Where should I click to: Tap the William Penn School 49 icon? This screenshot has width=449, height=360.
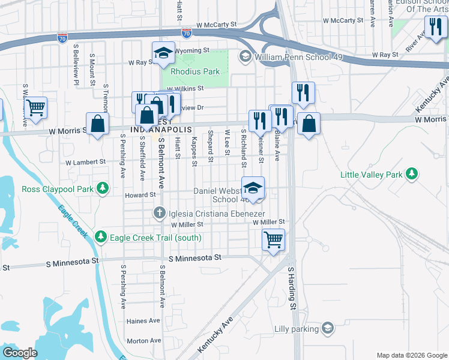pyautogui.click(x=245, y=57)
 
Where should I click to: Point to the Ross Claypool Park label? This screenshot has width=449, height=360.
pyautogui.click(x=57, y=189)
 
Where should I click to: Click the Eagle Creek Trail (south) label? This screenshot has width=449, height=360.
pyautogui.click(x=155, y=238)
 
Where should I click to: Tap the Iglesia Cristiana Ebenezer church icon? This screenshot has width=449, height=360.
pyautogui.click(x=160, y=212)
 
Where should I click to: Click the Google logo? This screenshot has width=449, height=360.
pyautogui.click(x=20, y=353)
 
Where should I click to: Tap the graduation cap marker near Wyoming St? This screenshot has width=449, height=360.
pyautogui.click(x=163, y=53)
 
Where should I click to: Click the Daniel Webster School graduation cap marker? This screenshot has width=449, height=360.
pyautogui.click(x=253, y=188)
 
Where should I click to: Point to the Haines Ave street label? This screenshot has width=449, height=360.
pyautogui.click(x=143, y=321)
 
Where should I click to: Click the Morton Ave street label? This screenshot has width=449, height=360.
pyautogui.click(x=143, y=341)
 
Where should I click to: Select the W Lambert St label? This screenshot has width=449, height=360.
pyautogui.click(x=85, y=162)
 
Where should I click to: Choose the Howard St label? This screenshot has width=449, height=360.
pyautogui.click(x=140, y=195)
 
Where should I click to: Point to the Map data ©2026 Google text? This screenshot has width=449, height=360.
pyautogui.click(x=411, y=355)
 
